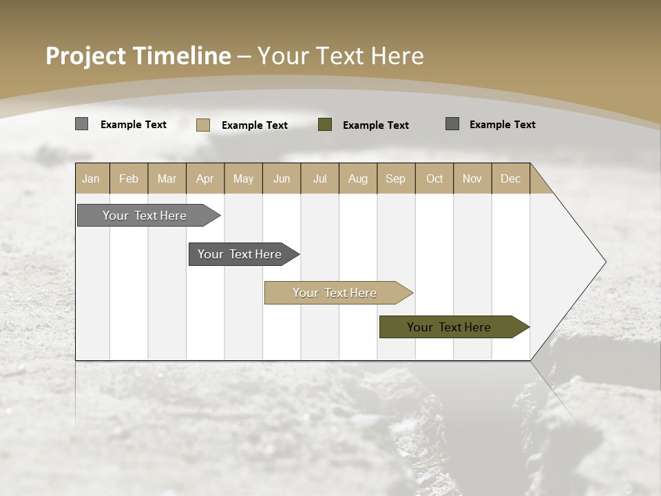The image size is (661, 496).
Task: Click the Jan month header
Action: click(91, 178)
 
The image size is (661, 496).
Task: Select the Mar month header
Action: click(167, 178)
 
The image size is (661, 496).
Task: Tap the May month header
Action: click(243, 178)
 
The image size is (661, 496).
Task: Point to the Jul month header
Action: click(319, 178)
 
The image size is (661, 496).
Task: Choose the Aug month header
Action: click(357, 178)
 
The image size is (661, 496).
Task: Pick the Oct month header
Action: click(434, 178)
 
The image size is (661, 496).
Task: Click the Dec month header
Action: click(510, 178)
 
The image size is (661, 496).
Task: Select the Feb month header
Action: click(129, 178)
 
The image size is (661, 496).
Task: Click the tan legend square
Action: click(203, 125)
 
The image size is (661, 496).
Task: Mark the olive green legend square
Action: click(325, 125)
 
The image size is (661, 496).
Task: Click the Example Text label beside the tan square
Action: click(255, 125)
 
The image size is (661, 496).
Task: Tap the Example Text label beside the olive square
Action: click(376, 125)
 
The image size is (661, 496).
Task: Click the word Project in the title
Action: click(86, 56)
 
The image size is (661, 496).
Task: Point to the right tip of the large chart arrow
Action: click(604, 262)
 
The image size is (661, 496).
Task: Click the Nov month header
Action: click(472, 178)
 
